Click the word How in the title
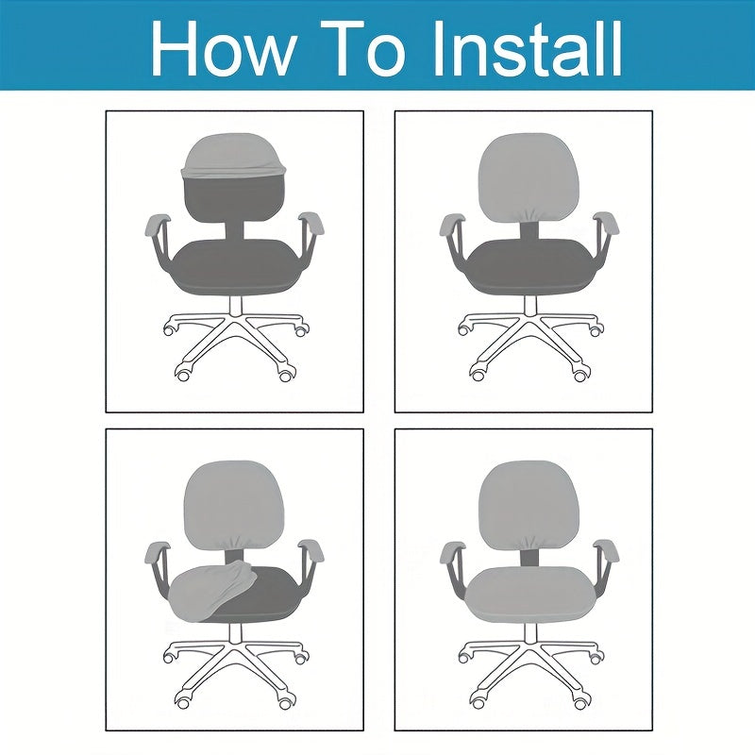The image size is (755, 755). (223, 49)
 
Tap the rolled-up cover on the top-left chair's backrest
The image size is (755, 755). (233, 156)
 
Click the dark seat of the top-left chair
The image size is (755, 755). (236, 266)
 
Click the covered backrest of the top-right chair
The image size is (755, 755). (528, 177)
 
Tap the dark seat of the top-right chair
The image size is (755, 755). (529, 267)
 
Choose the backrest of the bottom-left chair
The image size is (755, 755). (234, 506)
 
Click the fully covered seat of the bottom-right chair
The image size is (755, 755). (529, 595)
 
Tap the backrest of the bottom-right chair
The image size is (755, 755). (528, 506)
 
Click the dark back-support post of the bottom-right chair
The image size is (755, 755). (529, 558)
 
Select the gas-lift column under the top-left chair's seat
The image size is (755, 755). (235, 305)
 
